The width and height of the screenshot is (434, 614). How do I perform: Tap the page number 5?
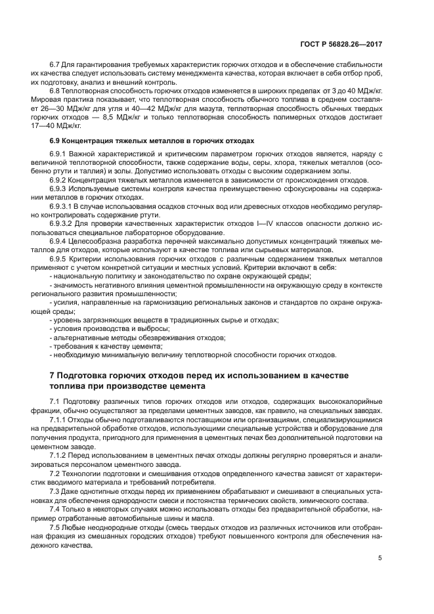(380, 558)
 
